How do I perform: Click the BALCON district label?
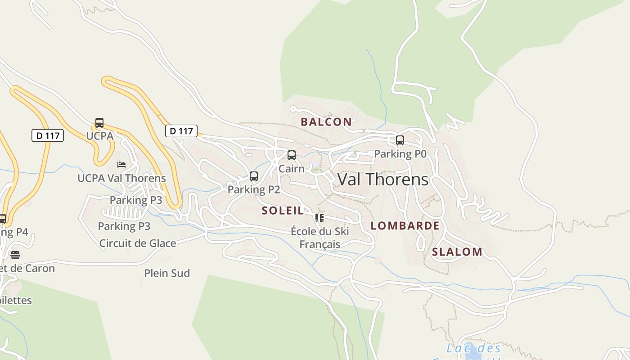pyautogui.click(x=326, y=121)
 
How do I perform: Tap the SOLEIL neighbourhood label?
pyautogui.click(x=283, y=211)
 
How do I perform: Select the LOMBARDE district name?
pyautogui.click(x=405, y=226)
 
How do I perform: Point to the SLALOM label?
pyautogui.click(x=457, y=252)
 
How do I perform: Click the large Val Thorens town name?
pyautogui.click(x=383, y=180)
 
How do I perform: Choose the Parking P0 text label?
pyautogui.click(x=400, y=154)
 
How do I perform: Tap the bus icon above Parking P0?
pyautogui.click(x=400, y=140)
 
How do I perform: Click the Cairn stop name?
pyautogui.click(x=292, y=169)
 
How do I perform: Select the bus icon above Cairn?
pyautogui.click(x=292, y=155)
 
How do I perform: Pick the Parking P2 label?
pyautogui.click(x=254, y=189)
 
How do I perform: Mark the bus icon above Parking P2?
pyautogui.click(x=254, y=176)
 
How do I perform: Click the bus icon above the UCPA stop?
pyautogui.click(x=99, y=123)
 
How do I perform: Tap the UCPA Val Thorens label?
pyautogui.click(x=121, y=178)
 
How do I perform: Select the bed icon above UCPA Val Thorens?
pyautogui.click(x=121, y=165)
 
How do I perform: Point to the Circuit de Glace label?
pyautogui.click(x=138, y=243)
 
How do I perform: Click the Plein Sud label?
pyautogui.click(x=167, y=273)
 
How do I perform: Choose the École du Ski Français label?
pyautogui.click(x=319, y=238)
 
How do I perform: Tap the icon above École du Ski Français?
pyautogui.click(x=319, y=218)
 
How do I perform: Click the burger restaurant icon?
pyautogui.click(x=15, y=255)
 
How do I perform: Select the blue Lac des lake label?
pyautogui.click(x=474, y=348)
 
